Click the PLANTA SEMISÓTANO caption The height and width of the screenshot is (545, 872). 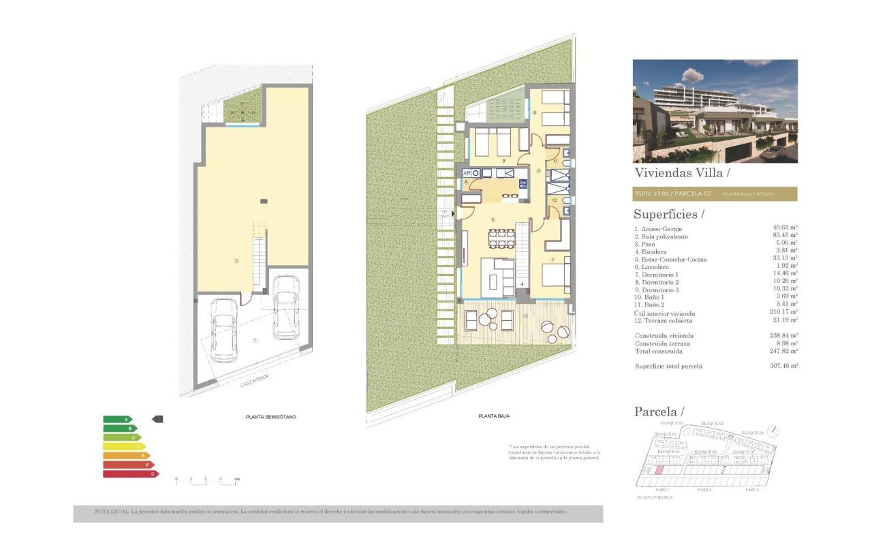(270, 416)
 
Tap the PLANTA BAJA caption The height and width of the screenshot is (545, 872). (494, 416)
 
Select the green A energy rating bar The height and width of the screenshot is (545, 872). (117, 420)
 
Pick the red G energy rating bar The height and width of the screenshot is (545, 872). (130, 473)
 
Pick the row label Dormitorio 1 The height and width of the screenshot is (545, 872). (656, 275)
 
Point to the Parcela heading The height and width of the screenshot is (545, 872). (658, 411)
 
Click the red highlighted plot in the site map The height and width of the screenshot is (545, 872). (658, 470)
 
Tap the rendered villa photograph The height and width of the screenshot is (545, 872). (715, 111)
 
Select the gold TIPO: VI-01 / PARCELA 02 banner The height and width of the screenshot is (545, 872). (715, 194)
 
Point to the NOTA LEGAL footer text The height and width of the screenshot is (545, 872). (338, 512)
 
